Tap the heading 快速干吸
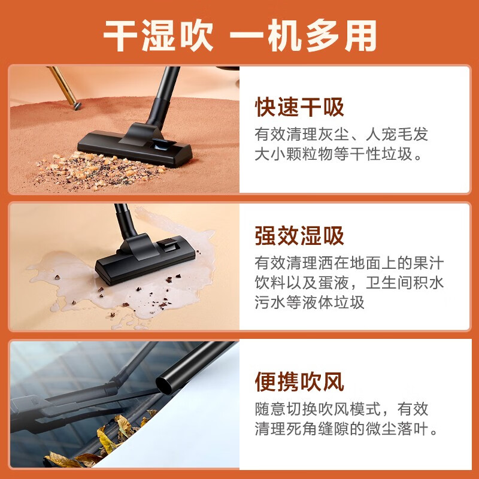click(299, 108)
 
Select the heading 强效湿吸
click(299, 235)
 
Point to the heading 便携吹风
click(299, 381)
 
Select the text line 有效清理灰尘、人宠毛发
click(342, 134)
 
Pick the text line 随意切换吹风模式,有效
click(342, 409)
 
